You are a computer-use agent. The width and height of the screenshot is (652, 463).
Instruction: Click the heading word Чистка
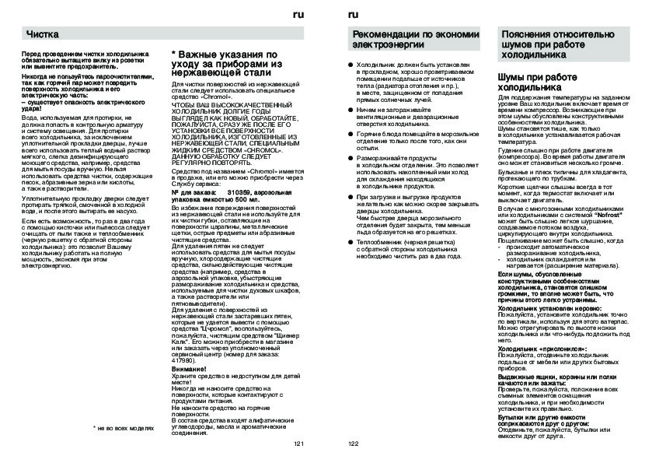click(44, 35)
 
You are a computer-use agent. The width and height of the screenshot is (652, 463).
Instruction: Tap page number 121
click(298, 444)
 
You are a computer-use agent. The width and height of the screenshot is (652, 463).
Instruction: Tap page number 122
click(354, 444)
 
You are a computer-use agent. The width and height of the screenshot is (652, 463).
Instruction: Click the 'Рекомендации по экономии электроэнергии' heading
click(410, 39)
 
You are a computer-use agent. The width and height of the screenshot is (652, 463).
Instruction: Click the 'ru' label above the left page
click(298, 16)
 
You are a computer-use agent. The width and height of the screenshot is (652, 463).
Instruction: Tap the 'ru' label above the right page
click(354, 16)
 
